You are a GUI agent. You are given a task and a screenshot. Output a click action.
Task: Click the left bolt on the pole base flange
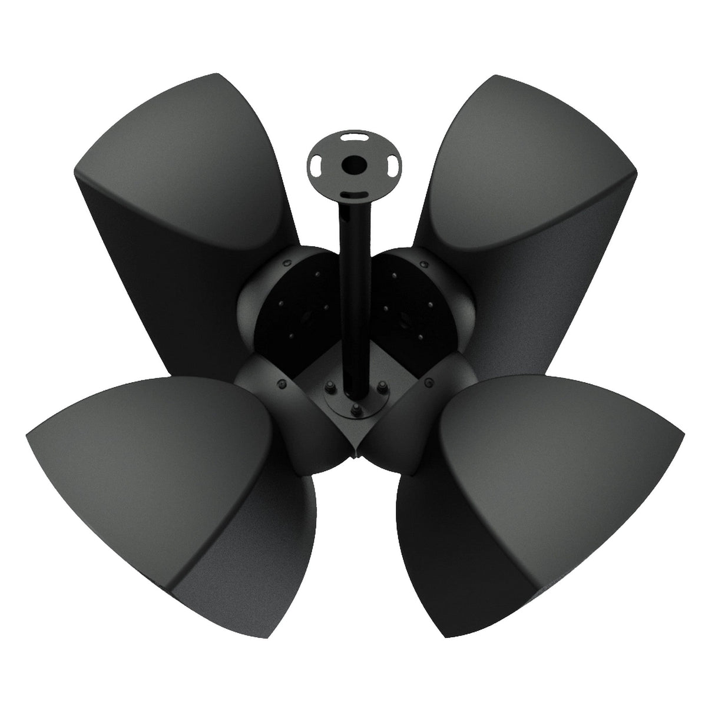[x=328, y=388]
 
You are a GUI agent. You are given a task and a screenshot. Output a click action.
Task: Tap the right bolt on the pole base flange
[x=383, y=388]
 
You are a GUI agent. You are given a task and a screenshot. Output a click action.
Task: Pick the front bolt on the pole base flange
[x=355, y=408]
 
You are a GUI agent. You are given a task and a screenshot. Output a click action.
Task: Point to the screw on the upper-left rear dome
[x=286, y=264]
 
